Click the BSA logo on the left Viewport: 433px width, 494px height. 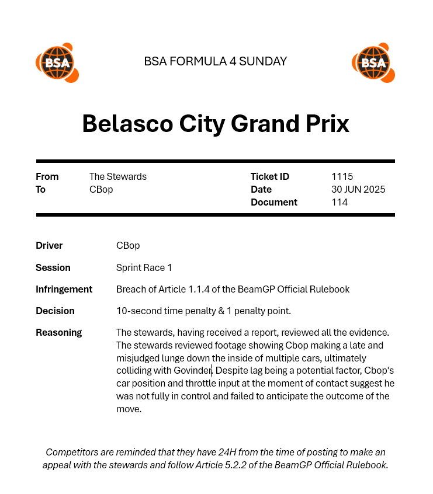tap(57, 62)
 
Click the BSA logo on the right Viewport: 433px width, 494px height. tap(373, 62)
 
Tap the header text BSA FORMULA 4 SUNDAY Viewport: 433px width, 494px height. tap(215, 61)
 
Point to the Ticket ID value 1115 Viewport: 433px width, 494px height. tap(342, 176)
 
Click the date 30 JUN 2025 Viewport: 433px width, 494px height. tap(358, 189)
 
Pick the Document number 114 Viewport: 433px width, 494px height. tap(340, 202)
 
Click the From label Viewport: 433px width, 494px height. tap(47, 176)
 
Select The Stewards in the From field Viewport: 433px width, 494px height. tap(118, 176)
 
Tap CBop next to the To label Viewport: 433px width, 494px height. tap(101, 189)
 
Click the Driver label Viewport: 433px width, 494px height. tap(49, 245)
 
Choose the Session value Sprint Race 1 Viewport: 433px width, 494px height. tap(144, 267)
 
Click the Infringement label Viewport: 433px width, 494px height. tap(64, 289)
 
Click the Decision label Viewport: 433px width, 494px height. tap(56, 311)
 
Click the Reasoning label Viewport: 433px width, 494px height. tap(59, 332)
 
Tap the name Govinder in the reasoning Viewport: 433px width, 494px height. tap(192, 371)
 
